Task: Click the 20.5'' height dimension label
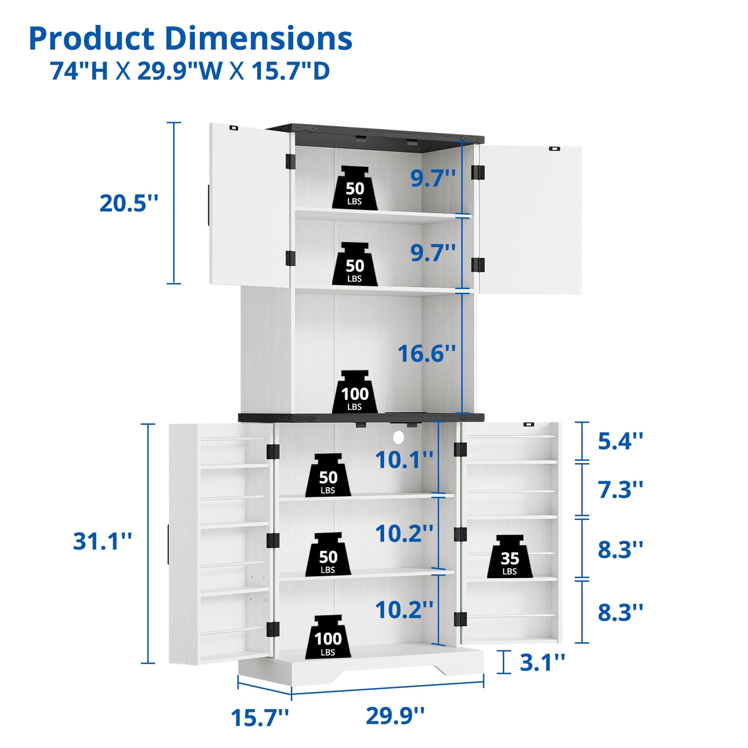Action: (129, 203)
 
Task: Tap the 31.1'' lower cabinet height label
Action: (103, 541)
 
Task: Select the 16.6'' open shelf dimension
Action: (427, 354)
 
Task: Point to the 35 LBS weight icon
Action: (510, 557)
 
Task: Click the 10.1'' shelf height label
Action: (404, 460)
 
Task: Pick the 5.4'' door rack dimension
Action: (620, 441)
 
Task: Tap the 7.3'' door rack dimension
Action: (620, 490)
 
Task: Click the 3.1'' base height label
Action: (543, 662)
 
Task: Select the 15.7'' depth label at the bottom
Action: (260, 718)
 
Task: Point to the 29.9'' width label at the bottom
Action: (395, 716)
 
